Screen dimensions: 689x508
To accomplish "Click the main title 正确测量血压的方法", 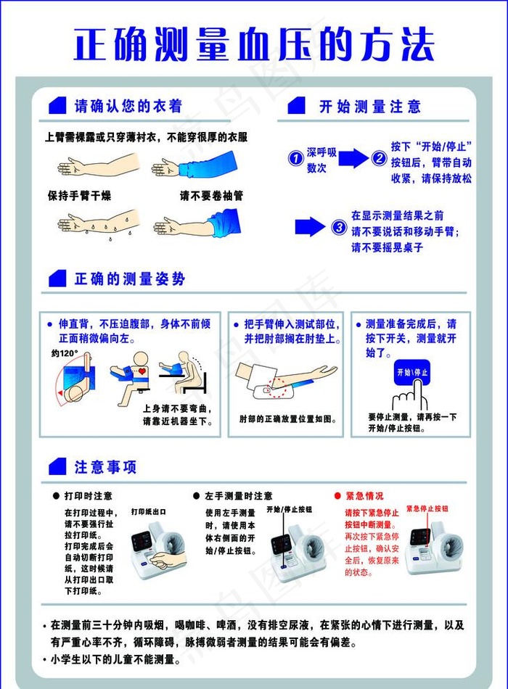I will pyautogui.click(x=254, y=45).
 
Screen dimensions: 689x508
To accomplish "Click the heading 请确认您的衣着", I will pyautogui.click(x=128, y=107).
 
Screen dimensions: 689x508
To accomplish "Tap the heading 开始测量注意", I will pyautogui.click(x=369, y=107).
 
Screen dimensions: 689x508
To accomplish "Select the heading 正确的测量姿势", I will pyautogui.click(x=129, y=279).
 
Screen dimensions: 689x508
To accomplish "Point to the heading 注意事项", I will pyautogui.click(x=105, y=467).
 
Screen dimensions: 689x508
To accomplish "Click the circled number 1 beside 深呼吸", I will pyautogui.click(x=295, y=158).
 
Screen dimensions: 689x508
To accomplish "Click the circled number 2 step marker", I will pyautogui.click(x=379, y=158).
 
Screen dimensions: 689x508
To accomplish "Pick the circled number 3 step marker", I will pyautogui.click(x=338, y=227).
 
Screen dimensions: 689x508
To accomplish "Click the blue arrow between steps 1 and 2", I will pyautogui.click(x=353, y=158).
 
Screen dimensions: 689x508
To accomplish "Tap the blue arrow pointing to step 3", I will pyautogui.click(x=309, y=226).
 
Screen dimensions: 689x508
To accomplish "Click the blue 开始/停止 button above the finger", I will pyautogui.click(x=411, y=373).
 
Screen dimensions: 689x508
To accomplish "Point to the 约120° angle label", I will pyautogui.click(x=65, y=353).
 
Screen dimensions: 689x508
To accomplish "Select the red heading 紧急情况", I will pyautogui.click(x=364, y=496).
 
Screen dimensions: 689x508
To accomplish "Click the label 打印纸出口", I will pyautogui.click(x=149, y=511).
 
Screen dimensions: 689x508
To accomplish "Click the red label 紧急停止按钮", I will pyautogui.click(x=427, y=509).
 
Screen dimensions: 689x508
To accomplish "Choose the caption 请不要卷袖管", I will pyautogui.click(x=211, y=196).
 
